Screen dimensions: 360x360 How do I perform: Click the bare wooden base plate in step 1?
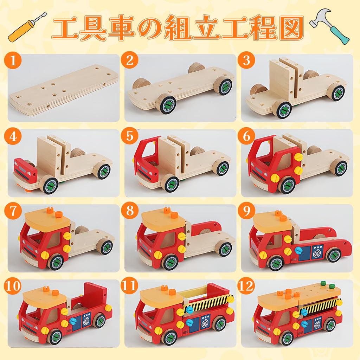click(63, 90)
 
